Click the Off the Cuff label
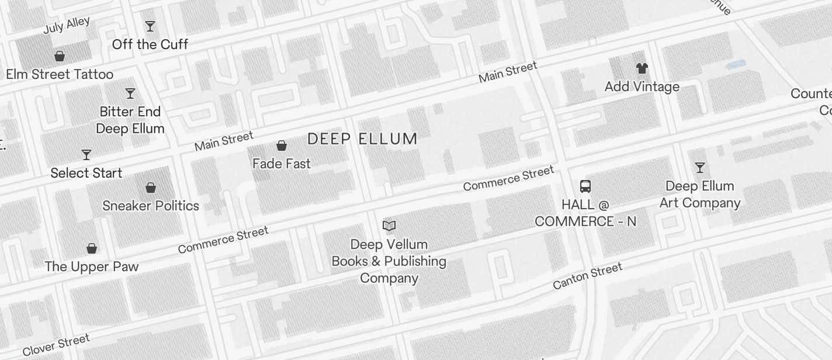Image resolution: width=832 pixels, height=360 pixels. pos(150,44)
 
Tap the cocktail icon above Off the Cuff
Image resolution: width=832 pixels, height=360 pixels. pos(150,26)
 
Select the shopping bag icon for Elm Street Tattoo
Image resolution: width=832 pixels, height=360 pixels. pos(59,56)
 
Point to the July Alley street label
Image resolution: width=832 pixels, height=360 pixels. pos(67,25)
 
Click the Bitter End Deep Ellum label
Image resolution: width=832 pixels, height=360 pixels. pos(130,120)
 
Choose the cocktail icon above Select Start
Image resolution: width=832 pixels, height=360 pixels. pos(86,155)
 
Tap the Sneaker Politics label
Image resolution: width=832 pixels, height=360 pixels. pos(151,206)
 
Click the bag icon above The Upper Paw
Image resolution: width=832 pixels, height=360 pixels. pos(92,248)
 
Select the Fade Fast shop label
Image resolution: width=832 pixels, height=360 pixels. pos(282,164)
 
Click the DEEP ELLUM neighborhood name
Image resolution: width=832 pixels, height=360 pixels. pos(362,139)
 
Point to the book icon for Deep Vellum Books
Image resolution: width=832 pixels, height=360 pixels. pos(389,226)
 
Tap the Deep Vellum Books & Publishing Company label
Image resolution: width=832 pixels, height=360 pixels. pos(389,261)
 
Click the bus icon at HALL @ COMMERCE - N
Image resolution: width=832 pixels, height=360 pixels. pos(585,186)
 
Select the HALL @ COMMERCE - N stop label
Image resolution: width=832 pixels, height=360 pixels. pos(585,213)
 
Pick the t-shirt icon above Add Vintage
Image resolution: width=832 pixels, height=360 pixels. pos(642,68)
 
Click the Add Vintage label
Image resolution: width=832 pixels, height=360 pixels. pos(642,86)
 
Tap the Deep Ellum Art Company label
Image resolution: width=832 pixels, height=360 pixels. pos(700,195)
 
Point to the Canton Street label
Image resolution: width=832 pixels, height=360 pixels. pos(587,276)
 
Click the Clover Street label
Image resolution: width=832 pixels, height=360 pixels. pos(57,345)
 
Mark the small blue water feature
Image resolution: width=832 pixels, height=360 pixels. pos(736,64)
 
